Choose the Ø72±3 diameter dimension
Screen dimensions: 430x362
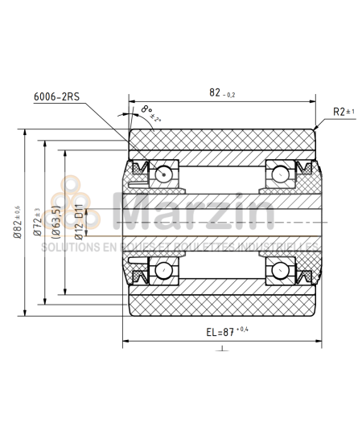click(x=36, y=221)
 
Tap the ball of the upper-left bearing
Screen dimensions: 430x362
click(x=166, y=172)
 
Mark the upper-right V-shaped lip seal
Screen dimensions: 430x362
click(x=306, y=168)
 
